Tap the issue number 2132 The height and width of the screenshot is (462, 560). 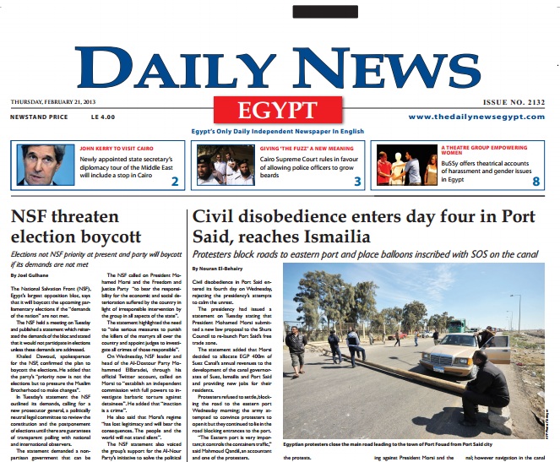tap(515, 102)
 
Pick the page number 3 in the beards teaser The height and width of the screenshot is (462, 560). tap(357, 182)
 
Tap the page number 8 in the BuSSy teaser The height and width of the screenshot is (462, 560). tap(536, 182)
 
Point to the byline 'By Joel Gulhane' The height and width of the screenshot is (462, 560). tap(31, 275)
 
